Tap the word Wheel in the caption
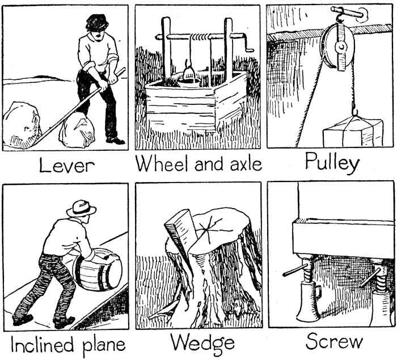click(x=161, y=164)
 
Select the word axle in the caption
click(x=243, y=164)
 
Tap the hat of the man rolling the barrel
click(x=81, y=209)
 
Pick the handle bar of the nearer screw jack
click(x=295, y=270)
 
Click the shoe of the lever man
click(x=115, y=140)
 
